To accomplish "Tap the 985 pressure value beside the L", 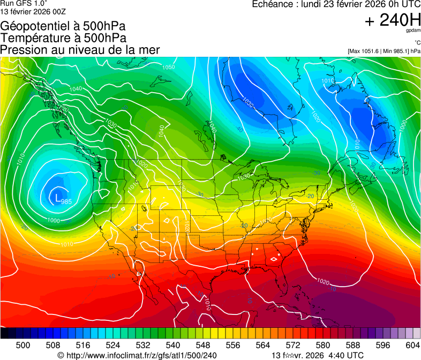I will point(66,202).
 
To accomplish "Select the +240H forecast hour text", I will point(393,20).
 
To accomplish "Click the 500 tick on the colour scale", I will point(23,345).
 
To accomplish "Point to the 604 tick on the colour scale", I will point(413,345).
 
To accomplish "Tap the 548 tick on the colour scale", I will point(218,345).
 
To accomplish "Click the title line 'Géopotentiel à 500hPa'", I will point(63,26).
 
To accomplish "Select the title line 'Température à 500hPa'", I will point(63,38).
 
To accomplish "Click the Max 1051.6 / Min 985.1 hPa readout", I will point(384,51).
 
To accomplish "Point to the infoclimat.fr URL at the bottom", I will point(137,355).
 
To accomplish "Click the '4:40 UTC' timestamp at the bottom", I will point(347,355).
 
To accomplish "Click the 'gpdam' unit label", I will point(414,32).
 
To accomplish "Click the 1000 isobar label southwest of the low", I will point(54,221).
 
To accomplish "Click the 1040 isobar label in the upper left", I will point(76,88).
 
